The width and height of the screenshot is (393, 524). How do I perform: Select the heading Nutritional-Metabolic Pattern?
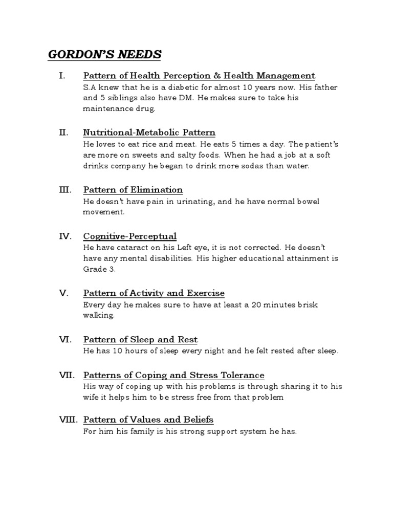149,133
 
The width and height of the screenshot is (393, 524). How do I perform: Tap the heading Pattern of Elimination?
133,190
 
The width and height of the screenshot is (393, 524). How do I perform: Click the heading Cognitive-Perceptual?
130,236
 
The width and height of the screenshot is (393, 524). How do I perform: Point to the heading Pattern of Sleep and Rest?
140,339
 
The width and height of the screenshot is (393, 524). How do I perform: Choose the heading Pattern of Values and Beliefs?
148,420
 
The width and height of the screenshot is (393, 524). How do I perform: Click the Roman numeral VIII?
68,420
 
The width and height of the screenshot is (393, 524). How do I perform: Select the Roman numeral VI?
64,339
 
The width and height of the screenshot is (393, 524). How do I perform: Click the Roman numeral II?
63,133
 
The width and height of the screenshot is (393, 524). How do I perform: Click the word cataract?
122,248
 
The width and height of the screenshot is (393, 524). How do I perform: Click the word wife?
91,397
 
